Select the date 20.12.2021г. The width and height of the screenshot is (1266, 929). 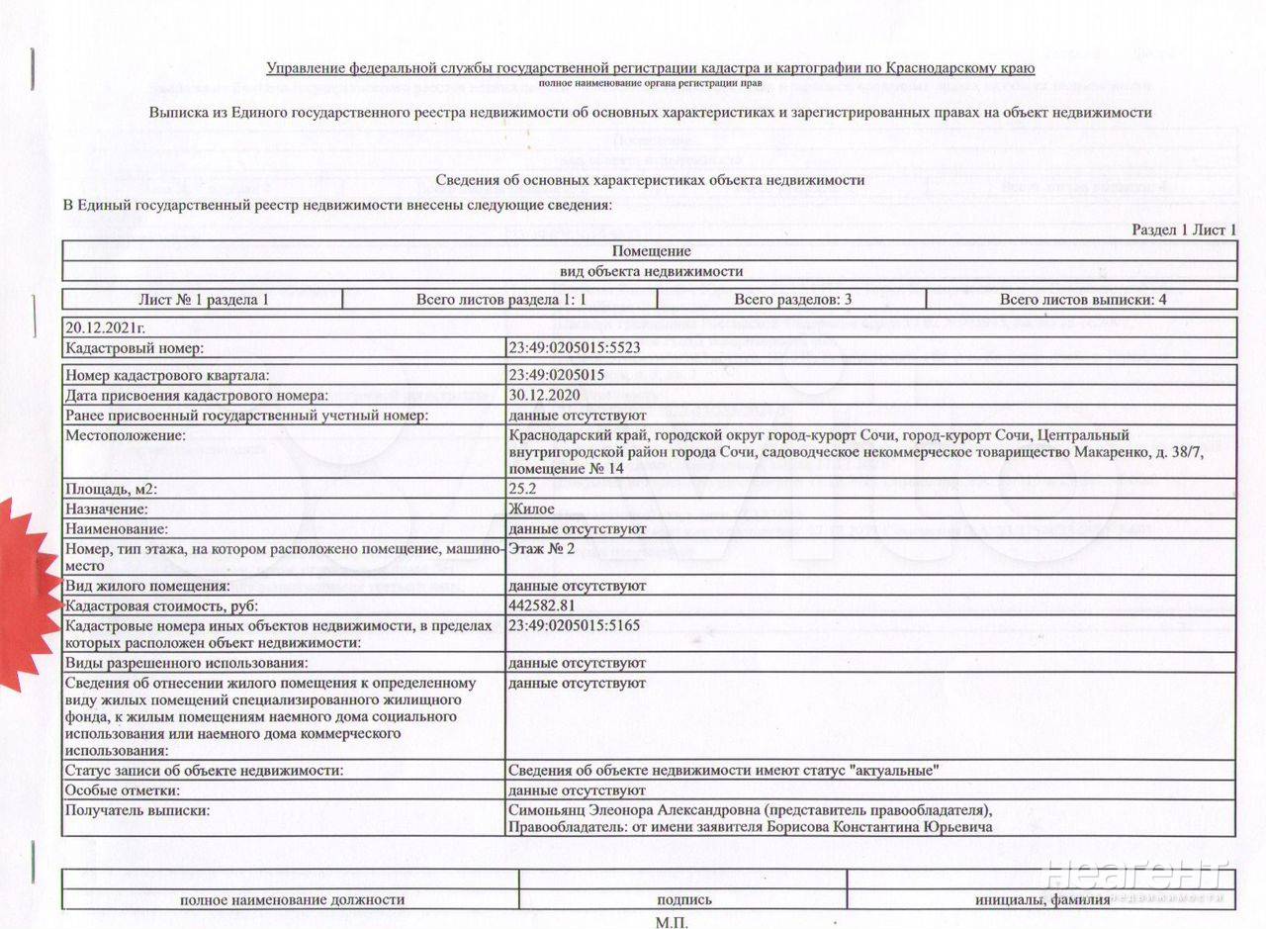pos(105,327)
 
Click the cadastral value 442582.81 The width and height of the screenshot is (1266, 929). pos(542,604)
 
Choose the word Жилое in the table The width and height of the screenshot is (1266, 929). pos(532,509)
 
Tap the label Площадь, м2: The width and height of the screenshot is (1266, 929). pos(111,489)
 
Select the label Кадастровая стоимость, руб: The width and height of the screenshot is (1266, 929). pos(153,604)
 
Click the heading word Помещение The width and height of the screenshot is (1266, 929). pos(650,250)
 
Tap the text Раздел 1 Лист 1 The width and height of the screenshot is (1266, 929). pos(1184,230)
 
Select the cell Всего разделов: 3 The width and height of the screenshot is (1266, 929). pos(793,299)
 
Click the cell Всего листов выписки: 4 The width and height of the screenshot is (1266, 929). pos(1083,299)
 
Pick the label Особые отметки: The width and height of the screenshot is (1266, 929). pos(123,790)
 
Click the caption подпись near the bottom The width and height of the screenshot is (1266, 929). pos(683,899)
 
